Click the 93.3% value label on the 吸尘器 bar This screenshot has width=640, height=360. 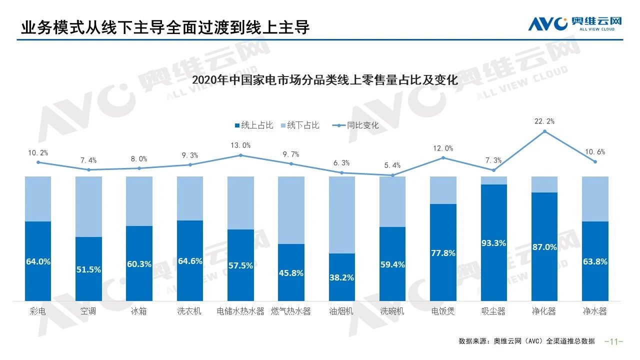tap(493, 243)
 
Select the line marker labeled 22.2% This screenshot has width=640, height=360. tap(544, 131)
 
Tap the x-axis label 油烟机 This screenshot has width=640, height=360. tap(341, 311)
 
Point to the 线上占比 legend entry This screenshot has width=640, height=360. tap(253, 125)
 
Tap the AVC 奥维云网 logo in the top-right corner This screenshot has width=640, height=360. tap(574, 23)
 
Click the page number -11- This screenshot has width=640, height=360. tap(614, 341)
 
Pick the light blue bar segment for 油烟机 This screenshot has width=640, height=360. tap(341, 215)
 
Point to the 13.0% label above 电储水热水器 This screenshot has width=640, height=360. tap(240, 145)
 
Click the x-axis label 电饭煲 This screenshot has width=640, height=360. tap(443, 311)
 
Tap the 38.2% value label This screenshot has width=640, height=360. tap(341, 277)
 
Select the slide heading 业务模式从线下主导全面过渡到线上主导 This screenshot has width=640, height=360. tap(165, 27)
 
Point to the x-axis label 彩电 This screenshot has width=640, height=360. tap(38, 311)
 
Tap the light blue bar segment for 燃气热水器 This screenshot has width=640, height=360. tap(291, 210)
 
